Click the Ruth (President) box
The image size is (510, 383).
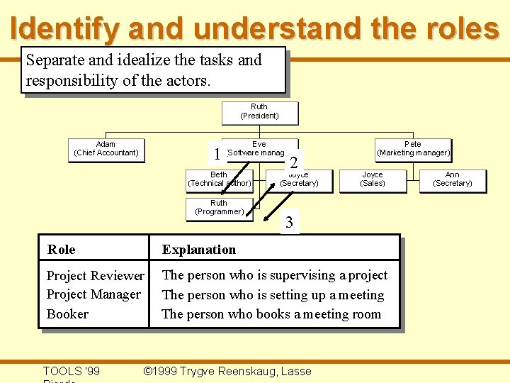[259, 112]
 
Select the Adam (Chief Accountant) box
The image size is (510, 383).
[106, 149]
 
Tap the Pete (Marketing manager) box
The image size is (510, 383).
[413, 149]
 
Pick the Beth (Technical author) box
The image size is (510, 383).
[219, 179]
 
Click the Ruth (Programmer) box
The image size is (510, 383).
[219, 208]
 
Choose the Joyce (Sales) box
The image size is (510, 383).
[373, 179]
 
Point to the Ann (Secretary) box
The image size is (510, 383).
[452, 179]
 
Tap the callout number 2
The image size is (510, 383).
[293, 162]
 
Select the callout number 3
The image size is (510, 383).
[288, 223]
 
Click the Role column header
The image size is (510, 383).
[61, 250]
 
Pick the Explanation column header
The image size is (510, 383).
[199, 250]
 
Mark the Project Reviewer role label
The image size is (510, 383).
[95, 276]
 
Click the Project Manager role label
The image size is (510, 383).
[93, 294]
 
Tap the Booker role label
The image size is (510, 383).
[67, 313]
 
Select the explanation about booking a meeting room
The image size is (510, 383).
[271, 313]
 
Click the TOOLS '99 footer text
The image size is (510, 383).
[71, 371]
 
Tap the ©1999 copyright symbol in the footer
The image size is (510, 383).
[147, 371]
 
